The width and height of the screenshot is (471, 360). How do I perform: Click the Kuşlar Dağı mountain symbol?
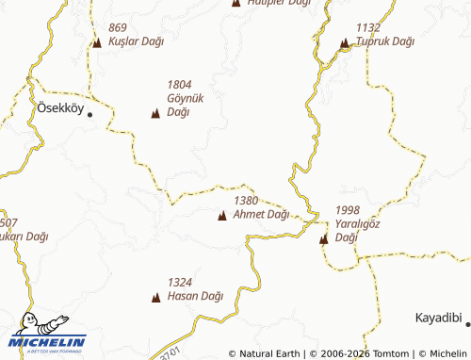[97, 42]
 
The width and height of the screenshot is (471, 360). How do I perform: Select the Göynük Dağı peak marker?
[154, 114]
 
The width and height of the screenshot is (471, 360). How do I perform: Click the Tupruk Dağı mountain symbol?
[344, 42]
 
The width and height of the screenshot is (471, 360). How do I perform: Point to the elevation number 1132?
[368, 27]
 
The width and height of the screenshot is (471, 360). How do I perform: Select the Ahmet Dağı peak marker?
[221, 216]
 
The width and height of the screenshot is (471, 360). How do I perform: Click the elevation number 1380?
[246, 201]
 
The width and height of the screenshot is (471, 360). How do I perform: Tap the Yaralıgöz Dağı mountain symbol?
[323, 238]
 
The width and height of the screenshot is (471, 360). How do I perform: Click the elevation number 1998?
[348, 209]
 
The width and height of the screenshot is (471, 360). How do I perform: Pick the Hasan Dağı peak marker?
[155, 298]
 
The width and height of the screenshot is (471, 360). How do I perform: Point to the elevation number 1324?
[179, 282]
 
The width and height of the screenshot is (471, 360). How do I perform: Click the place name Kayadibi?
[438, 319]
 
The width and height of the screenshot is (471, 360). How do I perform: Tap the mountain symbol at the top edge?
[235, 3]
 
